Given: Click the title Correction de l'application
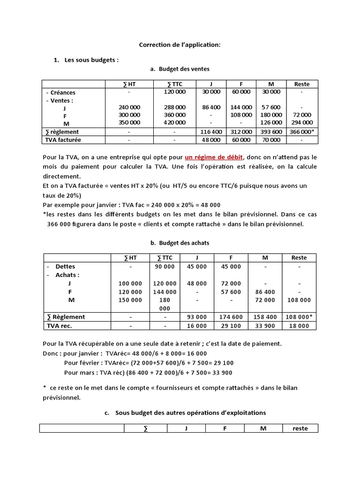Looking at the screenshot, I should tap(180, 45).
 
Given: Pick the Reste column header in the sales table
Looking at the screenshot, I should tap(301, 84).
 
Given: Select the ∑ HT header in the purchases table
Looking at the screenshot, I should tap(130, 257).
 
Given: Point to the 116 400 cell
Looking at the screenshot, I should tap(211, 132).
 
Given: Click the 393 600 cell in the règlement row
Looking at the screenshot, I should tap(271, 132).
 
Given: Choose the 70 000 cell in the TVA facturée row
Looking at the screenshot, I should tap(271, 140).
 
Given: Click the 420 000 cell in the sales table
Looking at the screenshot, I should tap(175, 122).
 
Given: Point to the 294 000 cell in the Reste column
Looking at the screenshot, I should tap(301, 122).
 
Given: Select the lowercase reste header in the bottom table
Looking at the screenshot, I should tap(300, 428).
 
